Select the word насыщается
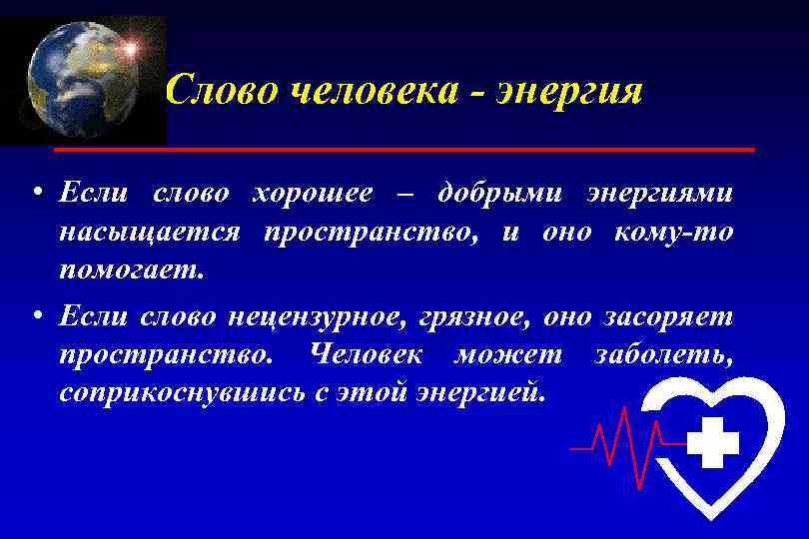(149, 232)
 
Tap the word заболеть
(663, 354)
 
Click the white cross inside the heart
(713, 442)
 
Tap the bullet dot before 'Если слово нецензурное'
(35, 316)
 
